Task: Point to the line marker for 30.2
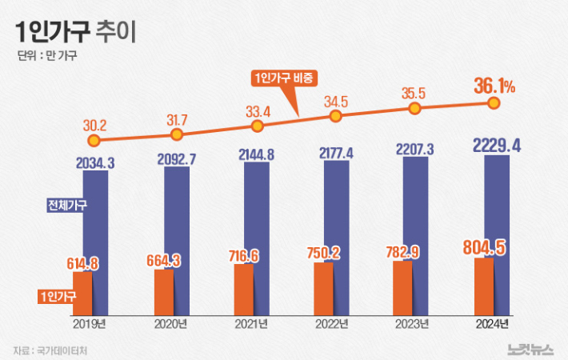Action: (94, 141)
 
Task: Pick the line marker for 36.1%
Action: (494, 103)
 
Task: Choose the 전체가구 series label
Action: (68, 204)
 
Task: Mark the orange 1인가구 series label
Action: (62, 296)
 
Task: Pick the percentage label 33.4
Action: (256, 110)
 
